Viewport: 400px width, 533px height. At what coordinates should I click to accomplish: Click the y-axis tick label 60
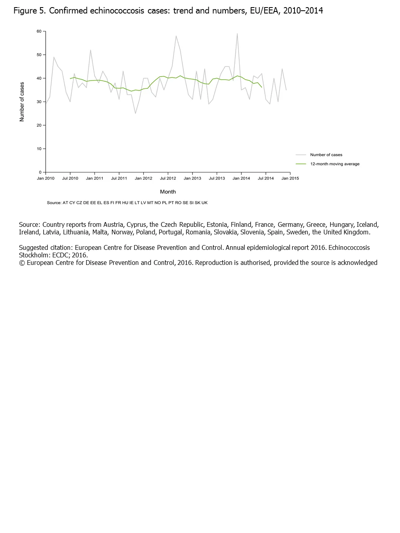39,31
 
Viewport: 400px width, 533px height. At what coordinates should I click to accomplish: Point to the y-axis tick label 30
39,102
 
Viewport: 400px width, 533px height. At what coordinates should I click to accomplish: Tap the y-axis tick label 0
40,173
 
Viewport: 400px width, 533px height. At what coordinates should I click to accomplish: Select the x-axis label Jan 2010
46,178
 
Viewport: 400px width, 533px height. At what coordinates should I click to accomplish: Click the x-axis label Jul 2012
168,178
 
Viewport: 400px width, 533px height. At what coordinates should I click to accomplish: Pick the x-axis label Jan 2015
290,178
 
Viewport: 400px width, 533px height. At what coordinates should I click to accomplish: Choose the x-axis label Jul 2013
217,178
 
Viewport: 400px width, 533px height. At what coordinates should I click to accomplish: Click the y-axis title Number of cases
22,102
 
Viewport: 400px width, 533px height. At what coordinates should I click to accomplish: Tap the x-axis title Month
168,192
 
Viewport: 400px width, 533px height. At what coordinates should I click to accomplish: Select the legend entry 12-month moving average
335,164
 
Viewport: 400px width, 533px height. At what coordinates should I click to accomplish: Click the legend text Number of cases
326,155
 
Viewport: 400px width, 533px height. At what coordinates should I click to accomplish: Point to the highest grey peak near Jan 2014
237,34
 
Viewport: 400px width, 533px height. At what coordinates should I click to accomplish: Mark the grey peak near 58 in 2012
176,36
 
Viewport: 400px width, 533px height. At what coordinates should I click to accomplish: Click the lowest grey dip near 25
135,113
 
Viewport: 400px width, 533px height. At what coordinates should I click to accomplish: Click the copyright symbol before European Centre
22,263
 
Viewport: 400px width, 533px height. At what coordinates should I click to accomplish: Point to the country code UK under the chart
204,203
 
